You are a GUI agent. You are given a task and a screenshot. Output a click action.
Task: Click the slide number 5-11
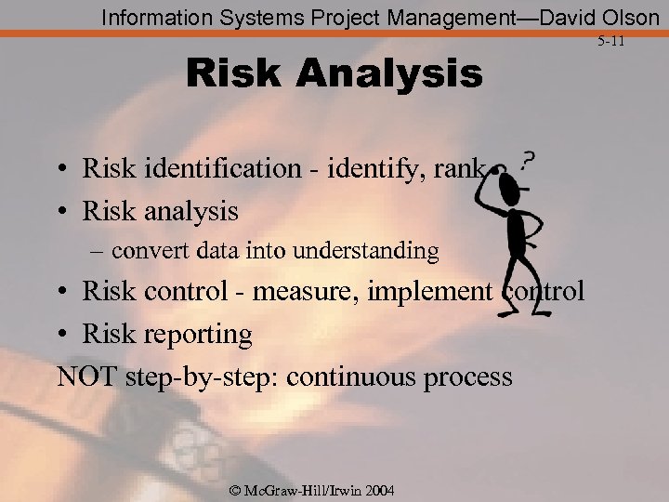point(611,42)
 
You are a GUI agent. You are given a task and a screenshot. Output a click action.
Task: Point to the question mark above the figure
point(527,162)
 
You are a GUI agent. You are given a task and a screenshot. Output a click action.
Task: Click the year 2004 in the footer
point(378,490)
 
